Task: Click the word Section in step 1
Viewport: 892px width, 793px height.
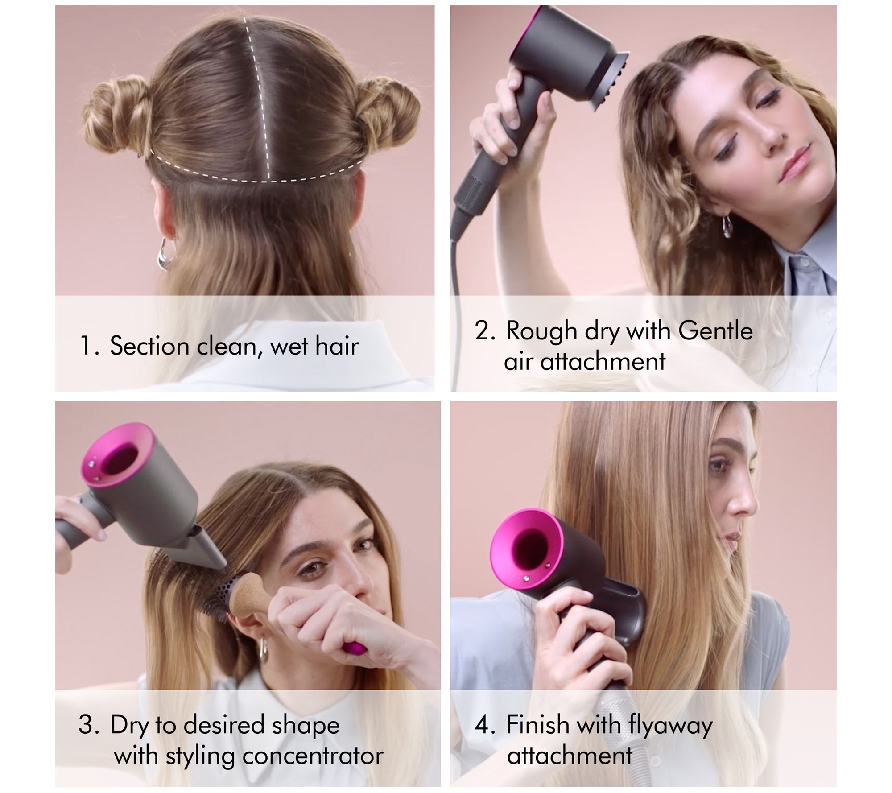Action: point(149,346)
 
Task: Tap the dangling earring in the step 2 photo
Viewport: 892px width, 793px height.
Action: point(727,225)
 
